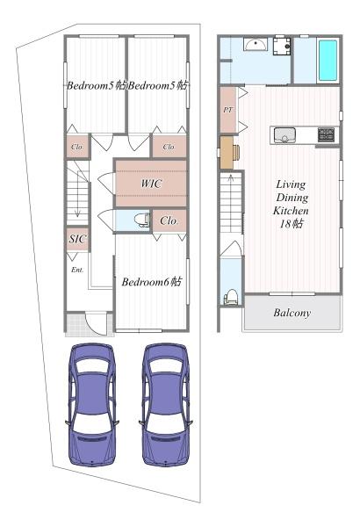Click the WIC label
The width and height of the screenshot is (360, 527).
(x=151, y=184)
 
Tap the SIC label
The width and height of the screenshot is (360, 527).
(x=77, y=239)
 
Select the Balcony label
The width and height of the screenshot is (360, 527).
(x=292, y=313)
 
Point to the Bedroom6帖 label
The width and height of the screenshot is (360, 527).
(x=152, y=282)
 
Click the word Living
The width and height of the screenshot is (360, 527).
(x=291, y=184)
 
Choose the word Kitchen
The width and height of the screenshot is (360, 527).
(x=291, y=211)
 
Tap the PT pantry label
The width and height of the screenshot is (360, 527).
(x=228, y=110)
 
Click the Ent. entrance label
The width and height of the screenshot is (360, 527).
(x=77, y=270)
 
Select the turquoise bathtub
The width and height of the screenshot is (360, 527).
(x=328, y=61)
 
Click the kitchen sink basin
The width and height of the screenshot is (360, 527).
(x=284, y=135)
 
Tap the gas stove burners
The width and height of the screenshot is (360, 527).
(x=326, y=134)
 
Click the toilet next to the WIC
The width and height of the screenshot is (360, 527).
(x=141, y=220)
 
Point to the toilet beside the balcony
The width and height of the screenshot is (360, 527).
(x=231, y=297)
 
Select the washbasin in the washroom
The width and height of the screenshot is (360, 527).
(x=256, y=44)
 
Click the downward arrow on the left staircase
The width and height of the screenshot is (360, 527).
(x=77, y=193)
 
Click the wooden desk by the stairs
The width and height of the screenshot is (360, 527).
(x=227, y=152)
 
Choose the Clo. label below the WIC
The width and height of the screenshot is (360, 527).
(x=169, y=220)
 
